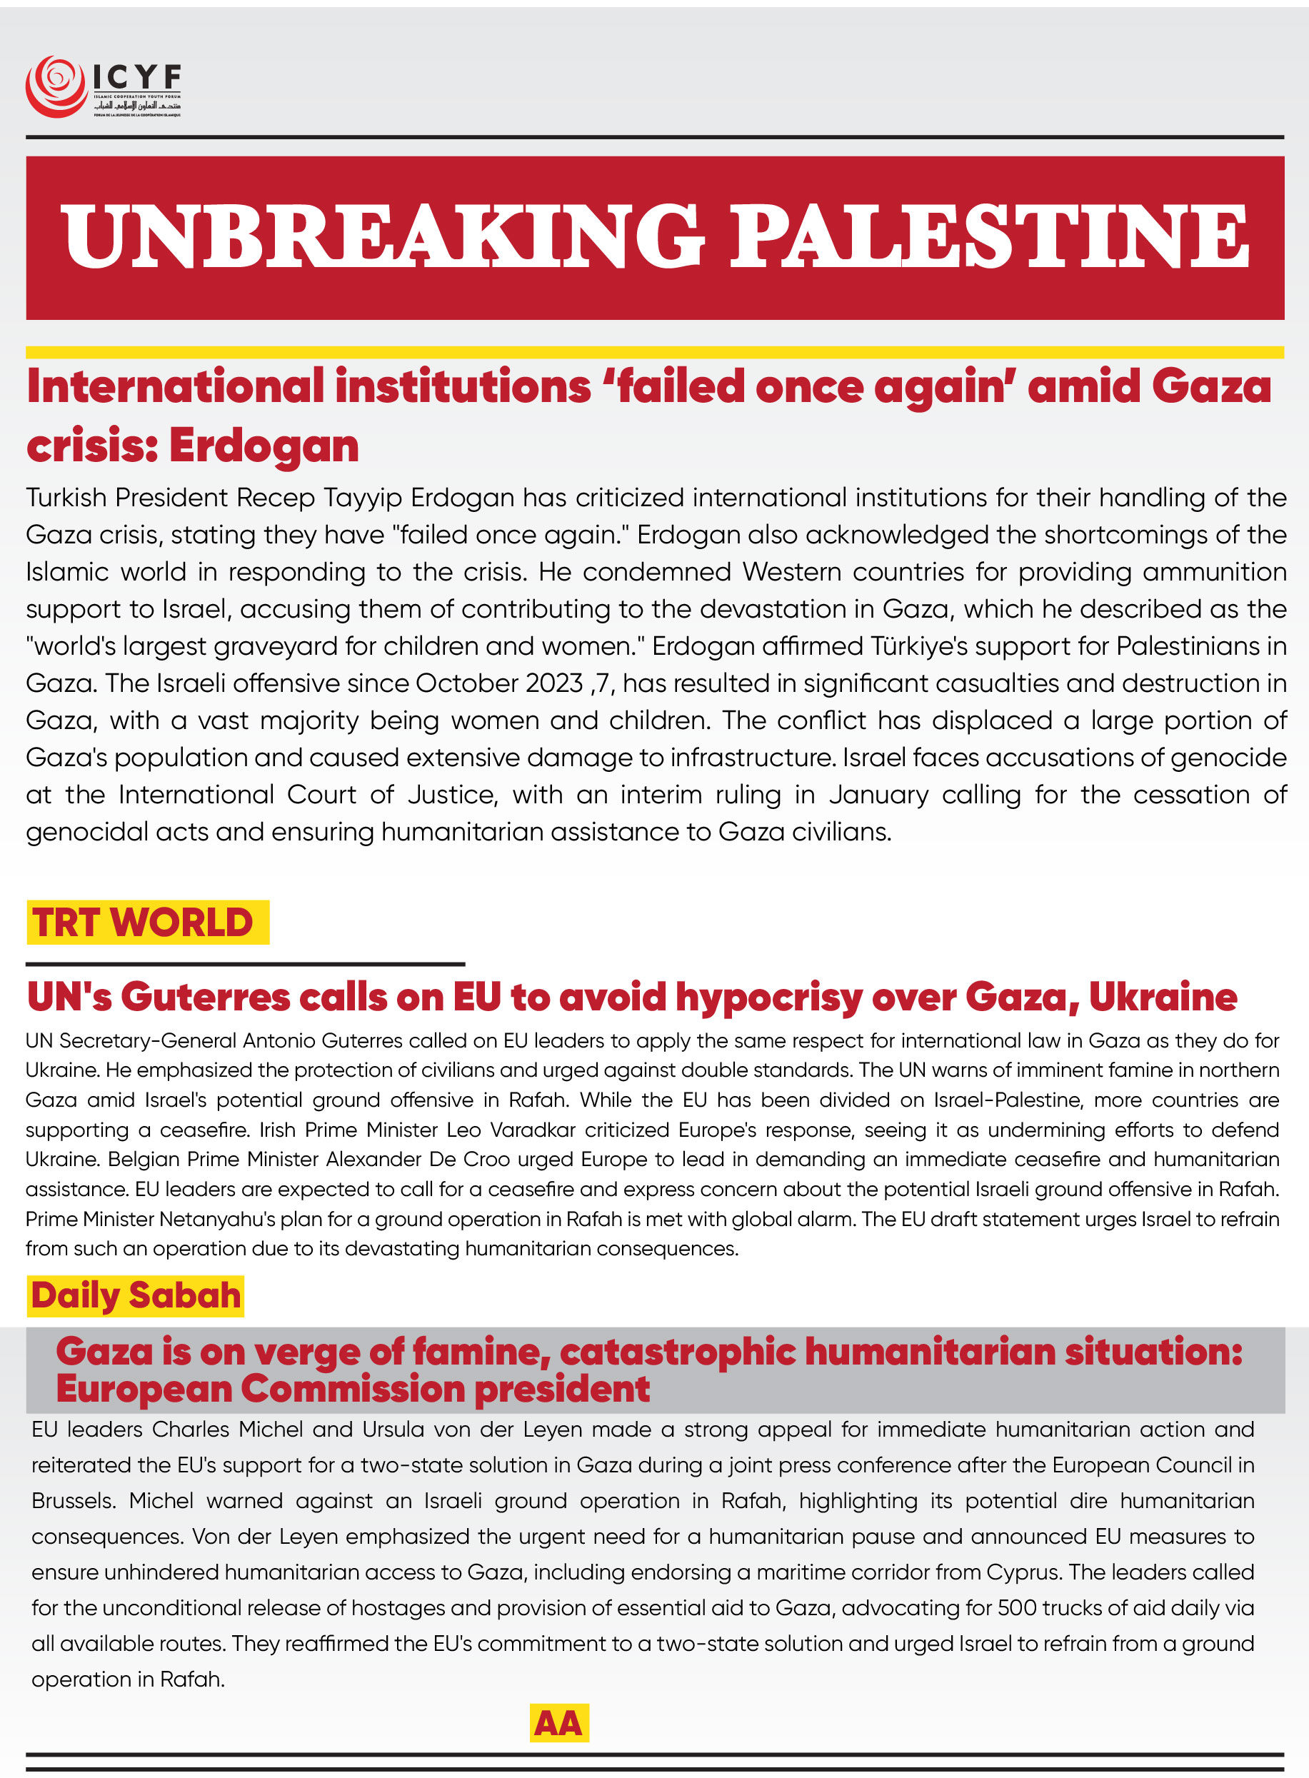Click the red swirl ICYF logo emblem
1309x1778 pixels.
56,86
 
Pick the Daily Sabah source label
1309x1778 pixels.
136,1295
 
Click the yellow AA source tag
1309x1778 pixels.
558,1722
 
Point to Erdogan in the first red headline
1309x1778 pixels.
264,446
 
